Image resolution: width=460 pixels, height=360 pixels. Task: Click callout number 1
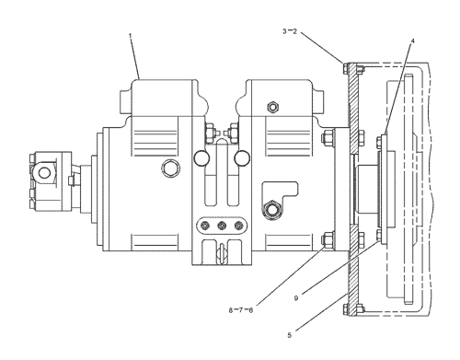click(130, 36)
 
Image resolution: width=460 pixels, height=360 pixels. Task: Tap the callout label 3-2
click(290, 31)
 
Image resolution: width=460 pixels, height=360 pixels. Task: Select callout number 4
click(413, 41)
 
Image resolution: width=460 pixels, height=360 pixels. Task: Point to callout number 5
click(290, 335)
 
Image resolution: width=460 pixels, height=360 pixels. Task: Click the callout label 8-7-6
click(241, 310)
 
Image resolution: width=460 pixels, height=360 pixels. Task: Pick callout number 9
click(296, 298)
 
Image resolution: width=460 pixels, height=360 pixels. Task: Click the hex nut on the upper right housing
click(272, 107)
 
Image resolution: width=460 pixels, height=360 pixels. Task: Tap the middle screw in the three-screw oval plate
click(222, 226)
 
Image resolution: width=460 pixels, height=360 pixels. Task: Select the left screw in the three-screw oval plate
click(205, 226)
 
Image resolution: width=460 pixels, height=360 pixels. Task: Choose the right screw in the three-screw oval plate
click(238, 226)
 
